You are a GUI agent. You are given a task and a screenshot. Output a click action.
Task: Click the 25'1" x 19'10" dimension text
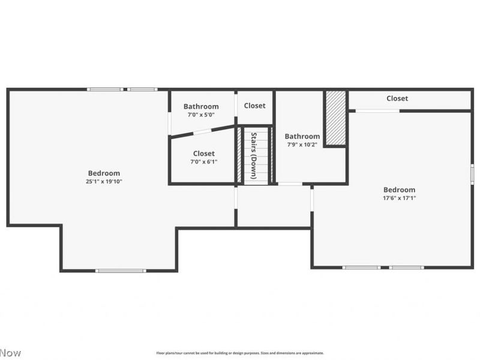[x=104, y=181]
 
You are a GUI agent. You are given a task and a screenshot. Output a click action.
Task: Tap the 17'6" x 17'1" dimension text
[x=399, y=197]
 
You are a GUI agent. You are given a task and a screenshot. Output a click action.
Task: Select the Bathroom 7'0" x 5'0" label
[x=201, y=107]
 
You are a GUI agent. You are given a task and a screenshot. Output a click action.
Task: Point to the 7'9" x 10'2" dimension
[x=302, y=144]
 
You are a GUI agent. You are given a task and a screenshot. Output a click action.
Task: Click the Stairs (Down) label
[x=254, y=155]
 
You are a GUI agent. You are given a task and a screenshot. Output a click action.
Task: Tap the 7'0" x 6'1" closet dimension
[x=203, y=161]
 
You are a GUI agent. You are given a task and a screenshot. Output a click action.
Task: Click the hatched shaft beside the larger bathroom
[x=335, y=118]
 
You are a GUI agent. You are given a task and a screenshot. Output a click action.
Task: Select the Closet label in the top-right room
[x=397, y=98]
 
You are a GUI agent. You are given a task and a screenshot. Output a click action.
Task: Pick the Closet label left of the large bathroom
[x=254, y=106]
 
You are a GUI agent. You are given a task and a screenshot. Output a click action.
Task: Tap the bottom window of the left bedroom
[x=120, y=271]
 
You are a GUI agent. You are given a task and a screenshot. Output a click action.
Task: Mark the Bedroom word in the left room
[x=104, y=173]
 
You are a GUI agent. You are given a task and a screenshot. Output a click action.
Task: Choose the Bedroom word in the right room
[x=399, y=190]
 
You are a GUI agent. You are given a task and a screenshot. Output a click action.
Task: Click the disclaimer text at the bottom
[x=240, y=353]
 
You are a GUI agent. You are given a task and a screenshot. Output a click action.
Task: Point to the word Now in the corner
[x=10, y=352]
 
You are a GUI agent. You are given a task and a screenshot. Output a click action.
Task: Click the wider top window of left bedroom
[x=105, y=89]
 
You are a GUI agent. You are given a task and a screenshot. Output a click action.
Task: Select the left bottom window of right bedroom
[x=361, y=267]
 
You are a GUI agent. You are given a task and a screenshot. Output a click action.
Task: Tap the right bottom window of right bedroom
[x=406, y=267]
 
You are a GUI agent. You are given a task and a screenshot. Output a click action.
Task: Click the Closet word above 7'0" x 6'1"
[x=203, y=154]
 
